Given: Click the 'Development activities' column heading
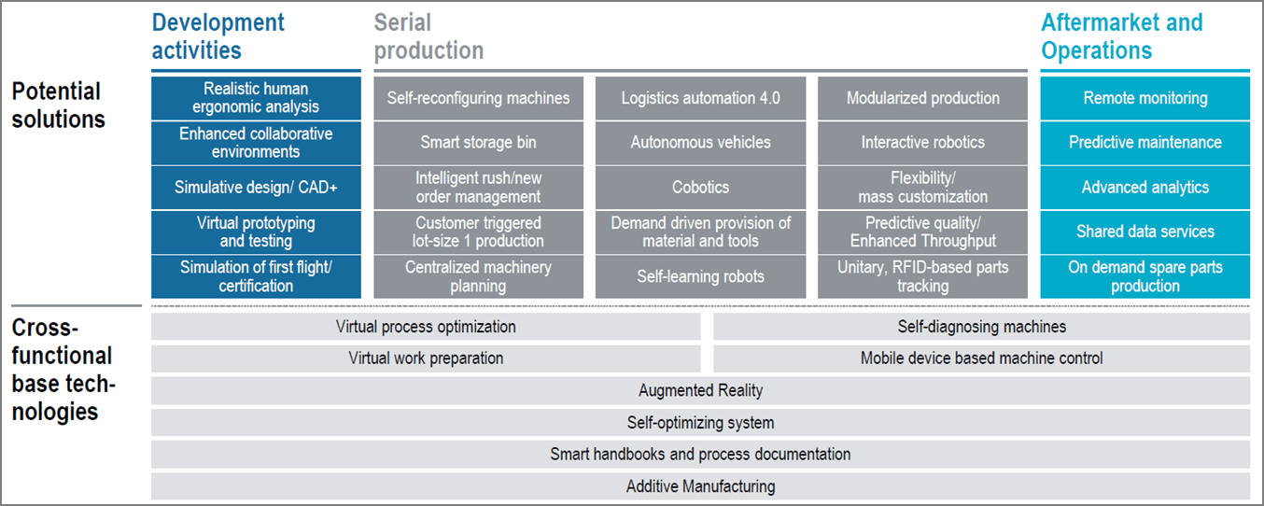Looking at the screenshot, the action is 218,36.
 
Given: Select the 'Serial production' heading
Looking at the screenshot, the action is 428,36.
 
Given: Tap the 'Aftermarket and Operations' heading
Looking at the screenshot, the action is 1122,36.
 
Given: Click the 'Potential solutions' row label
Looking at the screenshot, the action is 58,105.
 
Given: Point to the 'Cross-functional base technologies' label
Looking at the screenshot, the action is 63,370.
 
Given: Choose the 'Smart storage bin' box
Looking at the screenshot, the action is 478,143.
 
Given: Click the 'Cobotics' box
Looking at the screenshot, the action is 700,188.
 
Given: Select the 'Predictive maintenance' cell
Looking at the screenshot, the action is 1145,143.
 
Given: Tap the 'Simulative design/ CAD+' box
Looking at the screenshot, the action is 256,188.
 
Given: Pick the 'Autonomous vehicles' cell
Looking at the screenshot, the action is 700,143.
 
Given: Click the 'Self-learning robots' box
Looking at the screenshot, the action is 700,276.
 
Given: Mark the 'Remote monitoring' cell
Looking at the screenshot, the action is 1145,98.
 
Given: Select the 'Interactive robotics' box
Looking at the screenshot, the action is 922,143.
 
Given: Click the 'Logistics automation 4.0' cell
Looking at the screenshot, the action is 700,98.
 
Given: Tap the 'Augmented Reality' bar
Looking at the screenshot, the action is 700,390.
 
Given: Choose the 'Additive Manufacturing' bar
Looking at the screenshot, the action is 700,486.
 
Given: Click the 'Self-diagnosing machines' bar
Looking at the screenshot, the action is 982,327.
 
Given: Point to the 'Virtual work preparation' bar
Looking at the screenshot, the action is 426,358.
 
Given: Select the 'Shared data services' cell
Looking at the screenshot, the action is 1145,232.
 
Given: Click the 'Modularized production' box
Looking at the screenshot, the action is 922,98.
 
